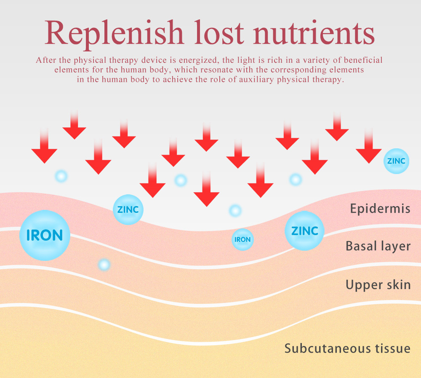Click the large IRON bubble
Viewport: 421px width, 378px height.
[x=44, y=235]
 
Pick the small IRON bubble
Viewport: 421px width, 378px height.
[x=242, y=239]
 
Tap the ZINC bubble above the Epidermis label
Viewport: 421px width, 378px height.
[x=396, y=161]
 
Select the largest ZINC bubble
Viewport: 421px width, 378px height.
[x=304, y=231]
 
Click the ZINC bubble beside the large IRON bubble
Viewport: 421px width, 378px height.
[x=128, y=209]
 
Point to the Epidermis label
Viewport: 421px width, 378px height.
[x=380, y=208]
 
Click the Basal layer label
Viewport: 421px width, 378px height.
[x=378, y=246]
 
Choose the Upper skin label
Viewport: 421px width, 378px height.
[x=378, y=284]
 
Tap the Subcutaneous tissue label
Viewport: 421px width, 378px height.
[x=347, y=349]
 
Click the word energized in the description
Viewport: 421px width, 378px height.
[x=199, y=60]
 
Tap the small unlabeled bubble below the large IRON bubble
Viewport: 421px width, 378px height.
[x=104, y=265]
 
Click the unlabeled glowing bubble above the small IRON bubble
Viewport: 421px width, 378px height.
[x=235, y=210]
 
